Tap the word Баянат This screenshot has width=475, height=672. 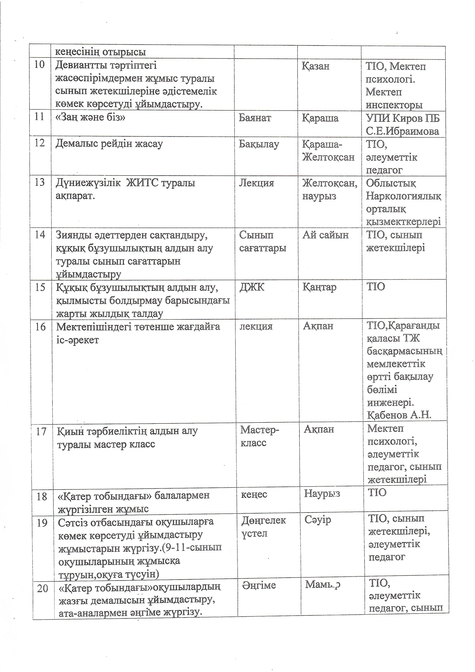255,118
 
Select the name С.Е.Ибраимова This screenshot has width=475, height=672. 402,131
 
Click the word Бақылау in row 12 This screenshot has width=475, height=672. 259,144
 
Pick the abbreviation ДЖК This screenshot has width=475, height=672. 252,287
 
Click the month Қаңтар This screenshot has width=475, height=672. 319,287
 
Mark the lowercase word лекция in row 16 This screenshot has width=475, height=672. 256,326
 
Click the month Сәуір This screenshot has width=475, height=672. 318,520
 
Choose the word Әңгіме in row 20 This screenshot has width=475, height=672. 259,585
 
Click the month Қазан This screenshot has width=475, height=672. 315,66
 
